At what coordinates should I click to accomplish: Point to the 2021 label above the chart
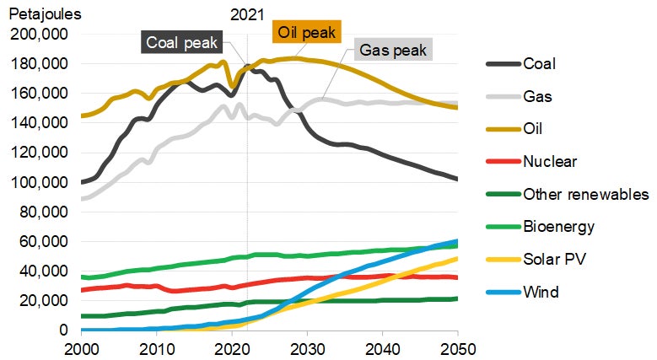point(247,14)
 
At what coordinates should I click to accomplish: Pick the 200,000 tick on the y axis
point(40,35)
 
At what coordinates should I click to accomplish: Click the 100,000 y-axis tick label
point(40,182)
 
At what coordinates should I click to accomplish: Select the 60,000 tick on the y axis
point(43,241)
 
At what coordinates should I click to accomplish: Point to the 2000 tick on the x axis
point(81,347)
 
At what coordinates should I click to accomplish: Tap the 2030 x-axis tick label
point(307,347)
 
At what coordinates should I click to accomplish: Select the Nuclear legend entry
point(550,162)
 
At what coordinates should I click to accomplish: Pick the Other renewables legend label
point(585,195)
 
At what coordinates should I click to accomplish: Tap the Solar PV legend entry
point(553,260)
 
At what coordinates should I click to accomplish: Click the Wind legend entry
point(540,293)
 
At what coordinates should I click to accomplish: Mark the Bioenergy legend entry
point(558,227)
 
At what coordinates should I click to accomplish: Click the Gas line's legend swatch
point(500,97)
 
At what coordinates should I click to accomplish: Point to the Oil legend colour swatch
point(500,129)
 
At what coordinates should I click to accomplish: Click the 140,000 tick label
point(40,123)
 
